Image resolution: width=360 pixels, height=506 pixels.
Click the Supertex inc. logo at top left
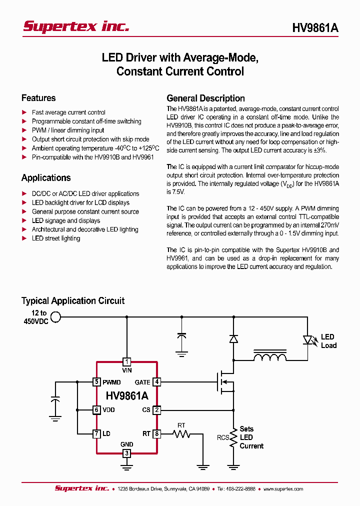point(76,27)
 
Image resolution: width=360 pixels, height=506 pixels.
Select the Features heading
point(38,98)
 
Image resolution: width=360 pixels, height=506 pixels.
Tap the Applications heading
point(46,177)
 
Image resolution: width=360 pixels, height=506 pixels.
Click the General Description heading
point(205,98)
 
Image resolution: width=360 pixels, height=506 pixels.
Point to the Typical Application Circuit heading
point(73,300)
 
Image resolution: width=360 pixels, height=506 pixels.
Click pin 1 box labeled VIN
point(127,361)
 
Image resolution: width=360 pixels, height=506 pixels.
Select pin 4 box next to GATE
point(156,382)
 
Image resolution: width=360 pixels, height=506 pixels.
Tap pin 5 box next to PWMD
point(96,382)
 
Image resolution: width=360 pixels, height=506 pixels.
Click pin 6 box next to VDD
point(96,410)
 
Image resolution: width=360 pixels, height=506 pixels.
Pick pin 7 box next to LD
point(96,433)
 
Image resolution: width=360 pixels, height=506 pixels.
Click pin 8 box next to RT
point(156,433)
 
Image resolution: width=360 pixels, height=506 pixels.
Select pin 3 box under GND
point(127,453)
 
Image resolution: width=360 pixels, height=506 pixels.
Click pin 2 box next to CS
point(156,410)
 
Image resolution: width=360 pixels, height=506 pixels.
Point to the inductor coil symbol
point(270,357)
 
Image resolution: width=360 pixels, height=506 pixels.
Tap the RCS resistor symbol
point(233,438)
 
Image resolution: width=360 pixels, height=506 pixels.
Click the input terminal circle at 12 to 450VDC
point(56,316)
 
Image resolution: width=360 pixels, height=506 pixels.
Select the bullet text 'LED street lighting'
point(56,238)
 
